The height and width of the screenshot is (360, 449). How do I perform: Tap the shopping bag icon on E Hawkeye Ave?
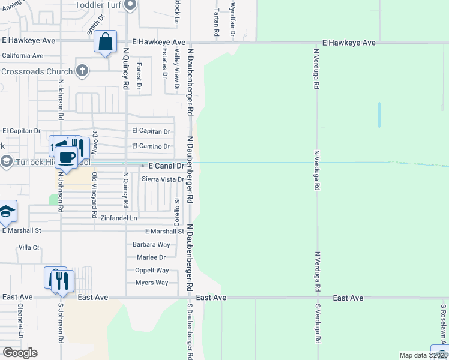105,42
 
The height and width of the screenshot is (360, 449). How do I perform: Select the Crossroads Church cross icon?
83,71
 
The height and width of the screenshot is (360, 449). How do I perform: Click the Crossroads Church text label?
37,71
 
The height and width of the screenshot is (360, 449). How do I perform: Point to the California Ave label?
23,56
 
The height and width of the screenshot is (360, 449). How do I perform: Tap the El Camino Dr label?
151,146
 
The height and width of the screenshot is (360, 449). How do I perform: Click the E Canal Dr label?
166,165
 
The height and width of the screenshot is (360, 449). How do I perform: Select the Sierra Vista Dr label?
163,179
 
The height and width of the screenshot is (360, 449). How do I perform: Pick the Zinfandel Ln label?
119,218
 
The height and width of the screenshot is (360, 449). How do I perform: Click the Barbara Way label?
152,245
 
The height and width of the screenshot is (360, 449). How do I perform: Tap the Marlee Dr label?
151,257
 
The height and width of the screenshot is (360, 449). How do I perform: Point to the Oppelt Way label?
152,271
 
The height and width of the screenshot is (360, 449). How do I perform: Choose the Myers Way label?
152,283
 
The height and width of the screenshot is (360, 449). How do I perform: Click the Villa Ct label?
29,247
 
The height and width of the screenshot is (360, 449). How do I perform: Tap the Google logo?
20,353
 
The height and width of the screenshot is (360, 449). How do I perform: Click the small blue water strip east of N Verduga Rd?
379,114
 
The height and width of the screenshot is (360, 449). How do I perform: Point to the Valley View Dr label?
177,71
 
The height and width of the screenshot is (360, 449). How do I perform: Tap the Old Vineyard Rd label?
94,195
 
